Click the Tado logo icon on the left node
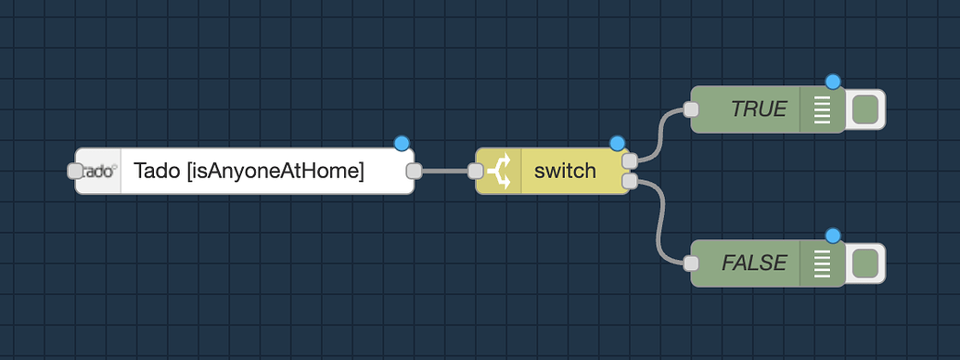pyautogui.click(x=98, y=171)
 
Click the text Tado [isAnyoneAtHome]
pyautogui.click(x=249, y=171)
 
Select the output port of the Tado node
pyautogui.click(x=414, y=171)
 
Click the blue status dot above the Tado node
pyautogui.click(x=401, y=143)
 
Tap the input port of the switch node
pyautogui.click(x=476, y=171)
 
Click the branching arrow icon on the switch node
pyautogui.click(x=499, y=171)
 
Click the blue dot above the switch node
pyautogui.click(x=617, y=143)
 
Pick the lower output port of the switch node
pyautogui.click(x=630, y=181)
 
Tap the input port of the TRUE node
pyautogui.click(x=690, y=109)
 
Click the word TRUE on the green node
pyautogui.click(x=758, y=109)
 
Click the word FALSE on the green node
pyautogui.click(x=754, y=264)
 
